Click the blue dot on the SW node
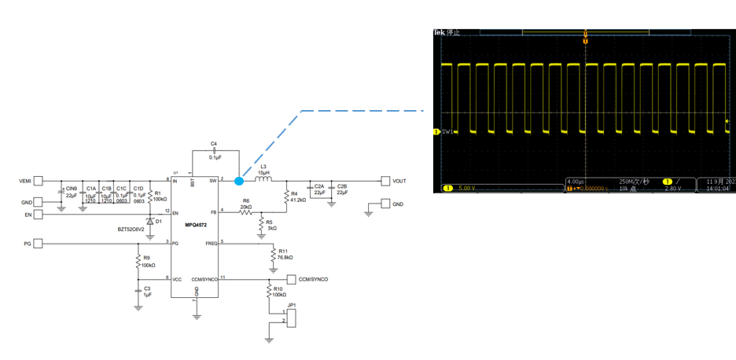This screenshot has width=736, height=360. (239, 181)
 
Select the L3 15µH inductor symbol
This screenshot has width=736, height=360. (263, 180)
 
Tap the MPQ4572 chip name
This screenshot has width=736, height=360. (197, 225)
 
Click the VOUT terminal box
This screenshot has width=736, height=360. (385, 181)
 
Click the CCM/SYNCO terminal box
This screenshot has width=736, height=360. (293, 279)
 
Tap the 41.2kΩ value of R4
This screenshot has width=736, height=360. (299, 200)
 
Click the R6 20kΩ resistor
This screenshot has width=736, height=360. (246, 211)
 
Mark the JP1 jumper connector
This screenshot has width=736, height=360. (292, 316)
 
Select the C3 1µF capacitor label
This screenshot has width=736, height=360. (147, 292)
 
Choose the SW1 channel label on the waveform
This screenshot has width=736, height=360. (449, 131)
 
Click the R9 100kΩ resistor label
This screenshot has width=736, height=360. (149, 261)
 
